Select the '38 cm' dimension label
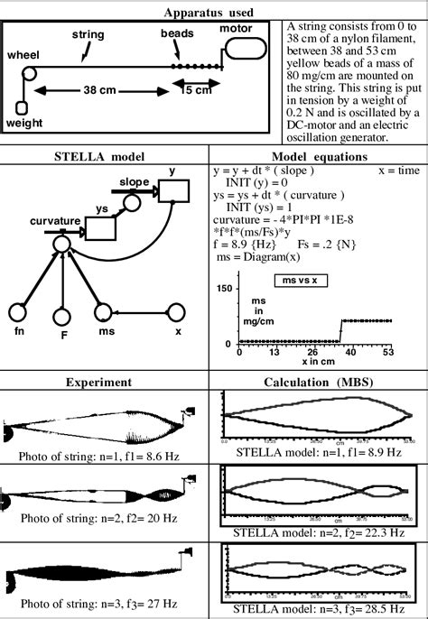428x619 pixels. click(99, 91)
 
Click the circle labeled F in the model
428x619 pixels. click(60, 317)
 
